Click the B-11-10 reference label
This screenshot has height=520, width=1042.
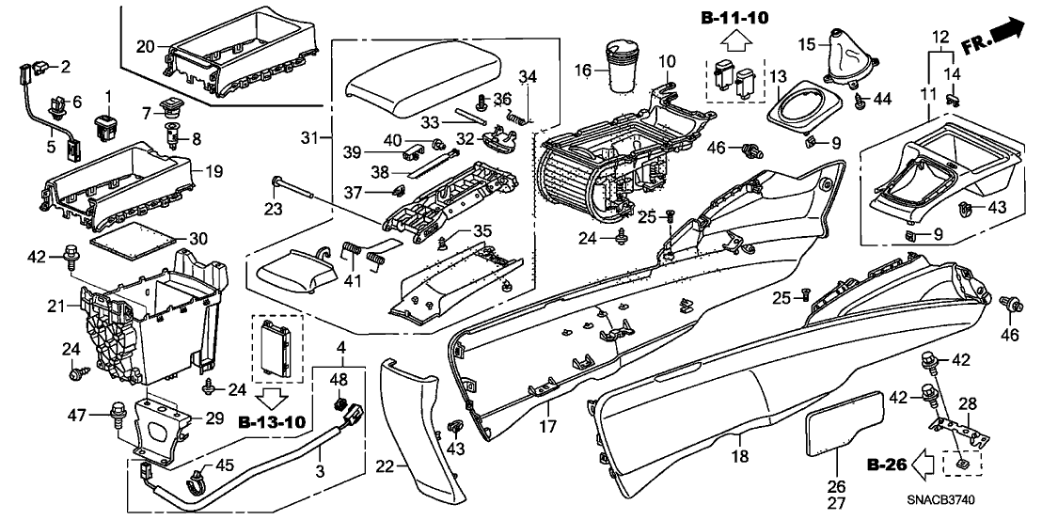[734, 18]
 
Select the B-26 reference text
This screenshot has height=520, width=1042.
[884, 464]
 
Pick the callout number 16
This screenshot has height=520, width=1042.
[582, 71]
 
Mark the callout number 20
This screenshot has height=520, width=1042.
[145, 46]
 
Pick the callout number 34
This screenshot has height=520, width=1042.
[528, 75]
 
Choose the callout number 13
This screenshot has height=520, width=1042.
[780, 76]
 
